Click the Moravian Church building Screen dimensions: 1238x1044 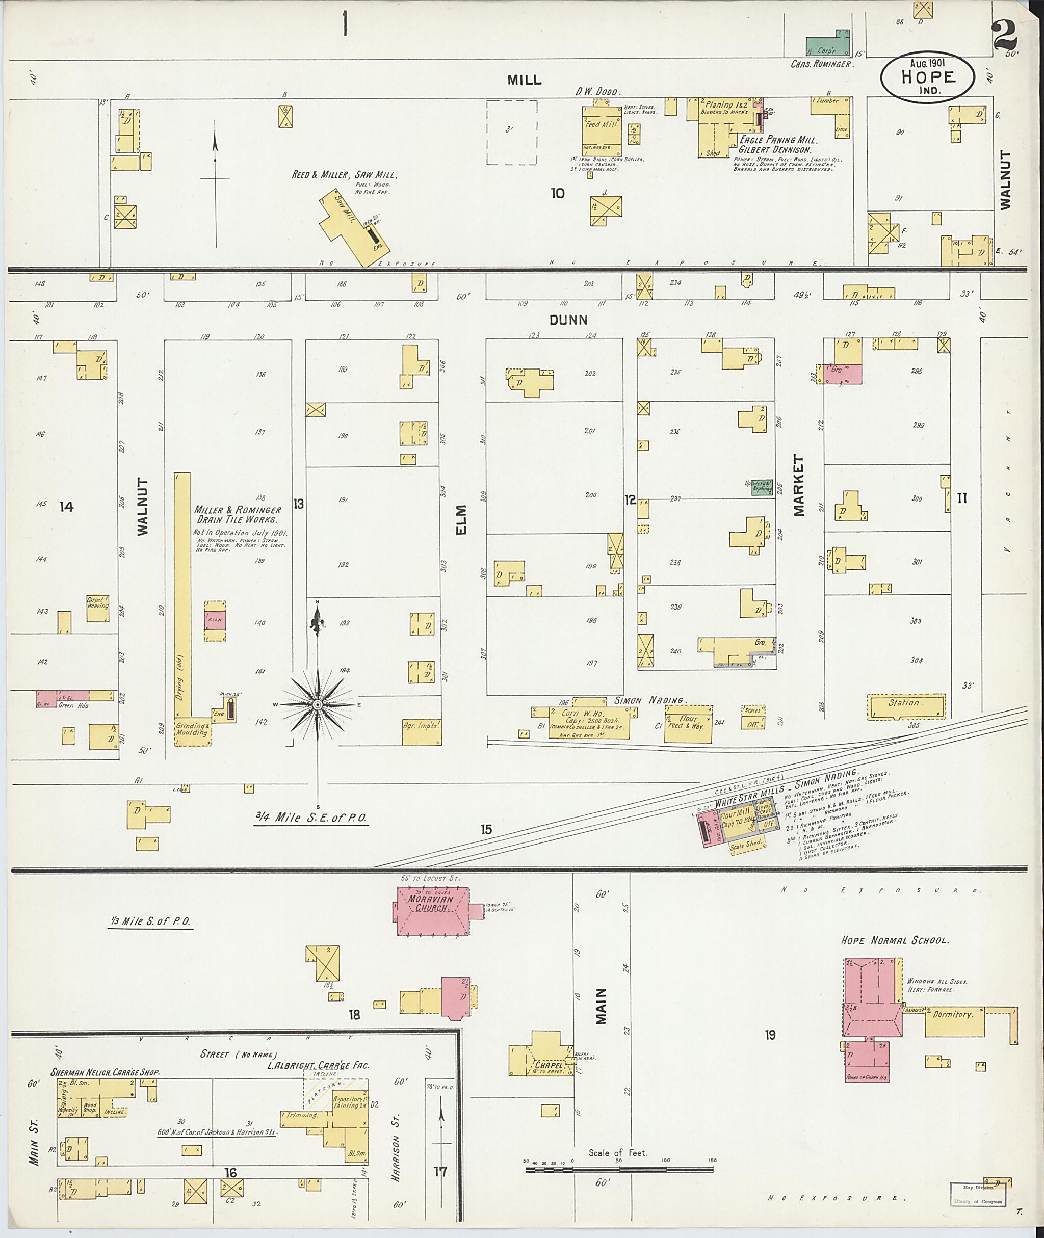pyautogui.click(x=432, y=911)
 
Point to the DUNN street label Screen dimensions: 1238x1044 pyautogui.click(x=568, y=320)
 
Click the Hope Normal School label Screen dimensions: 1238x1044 pyautogui.click(x=895, y=940)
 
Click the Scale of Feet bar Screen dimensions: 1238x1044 pyautogui.click(x=618, y=1169)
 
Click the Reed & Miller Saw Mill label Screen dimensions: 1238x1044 pyautogui.click(x=344, y=175)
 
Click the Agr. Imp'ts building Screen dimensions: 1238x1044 pyautogui.click(x=422, y=724)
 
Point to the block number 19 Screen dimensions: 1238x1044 pyautogui.click(x=769, y=1035)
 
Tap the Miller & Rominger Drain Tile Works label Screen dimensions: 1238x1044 pyautogui.click(x=238, y=514)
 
